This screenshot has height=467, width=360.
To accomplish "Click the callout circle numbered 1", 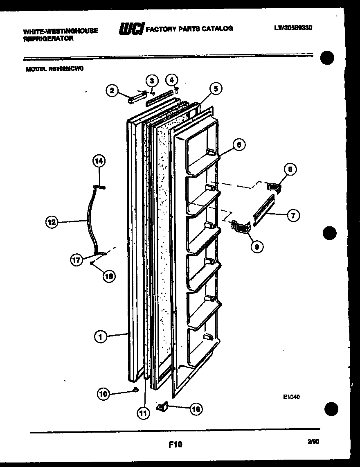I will click(x=100, y=337).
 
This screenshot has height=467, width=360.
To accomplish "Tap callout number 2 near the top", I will click(x=112, y=90).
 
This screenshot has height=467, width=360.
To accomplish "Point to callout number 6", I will click(x=239, y=144).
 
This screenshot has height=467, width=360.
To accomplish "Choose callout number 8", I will click(x=290, y=169).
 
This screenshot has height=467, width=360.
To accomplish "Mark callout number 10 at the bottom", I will click(x=103, y=394).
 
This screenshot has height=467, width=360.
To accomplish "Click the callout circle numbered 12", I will click(x=51, y=223).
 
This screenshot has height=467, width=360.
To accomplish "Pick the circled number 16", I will click(x=196, y=408).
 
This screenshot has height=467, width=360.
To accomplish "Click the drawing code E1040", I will click(x=291, y=396).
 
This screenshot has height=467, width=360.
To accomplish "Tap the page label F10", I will click(x=175, y=444).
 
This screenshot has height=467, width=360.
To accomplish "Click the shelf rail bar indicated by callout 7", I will click(x=263, y=209).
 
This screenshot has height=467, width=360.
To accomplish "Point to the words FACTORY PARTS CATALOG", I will click(x=189, y=29).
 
